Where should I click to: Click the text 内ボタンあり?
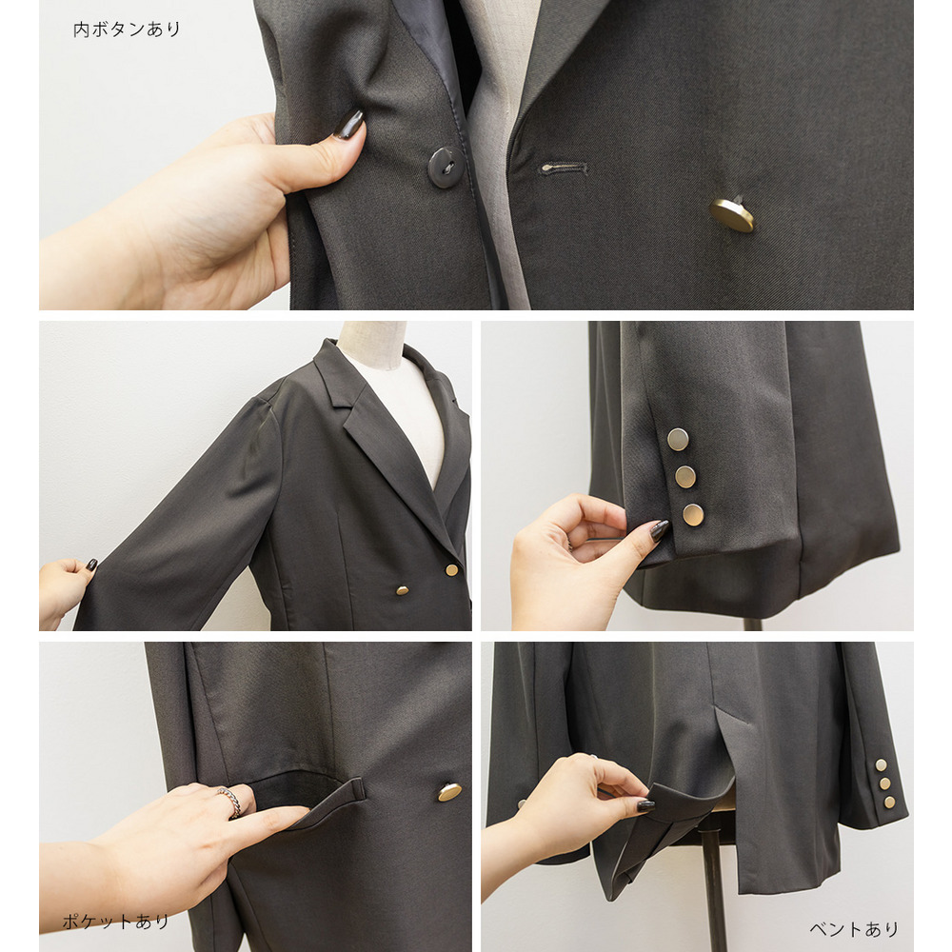[127, 30]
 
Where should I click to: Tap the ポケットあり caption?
[116, 922]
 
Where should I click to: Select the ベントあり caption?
[854, 929]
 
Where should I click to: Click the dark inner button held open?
[442, 167]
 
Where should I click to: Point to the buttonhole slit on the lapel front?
[564, 168]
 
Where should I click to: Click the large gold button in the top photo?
[732, 215]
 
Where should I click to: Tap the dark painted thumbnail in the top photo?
[349, 124]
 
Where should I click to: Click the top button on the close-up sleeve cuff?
[678, 439]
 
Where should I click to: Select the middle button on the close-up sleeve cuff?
[685, 477]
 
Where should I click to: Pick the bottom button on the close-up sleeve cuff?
[693, 515]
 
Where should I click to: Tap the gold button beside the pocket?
[449, 792]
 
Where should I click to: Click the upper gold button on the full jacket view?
[451, 569]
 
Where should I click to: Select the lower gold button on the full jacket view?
[402, 589]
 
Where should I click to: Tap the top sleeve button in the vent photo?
[880, 764]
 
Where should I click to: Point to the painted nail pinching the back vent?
[645, 805]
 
